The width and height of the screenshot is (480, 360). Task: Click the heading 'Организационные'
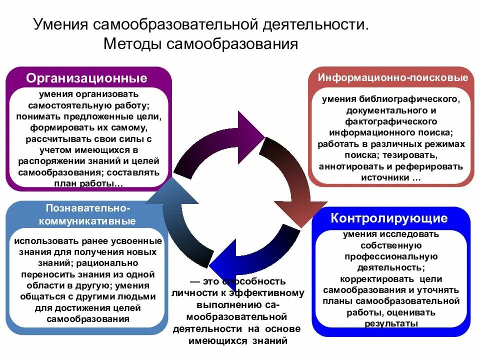tap(87, 78)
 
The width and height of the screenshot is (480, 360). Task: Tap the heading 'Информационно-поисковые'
tap(393, 78)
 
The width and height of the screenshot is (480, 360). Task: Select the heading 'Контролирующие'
tap(389, 218)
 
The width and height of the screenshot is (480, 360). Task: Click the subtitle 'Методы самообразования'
tap(200, 44)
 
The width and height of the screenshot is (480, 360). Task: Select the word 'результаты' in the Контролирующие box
tap(391, 323)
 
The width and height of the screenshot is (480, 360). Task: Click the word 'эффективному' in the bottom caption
tap(269, 292)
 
